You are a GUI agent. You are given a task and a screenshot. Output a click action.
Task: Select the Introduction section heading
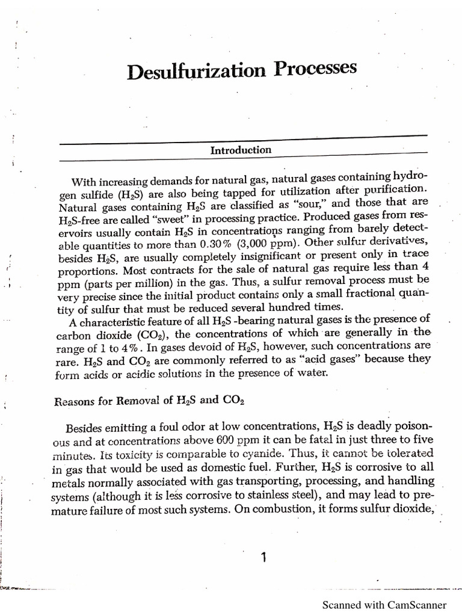pos(241,150)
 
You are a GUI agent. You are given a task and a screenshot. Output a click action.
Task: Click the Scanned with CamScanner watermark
pos(385,605)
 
